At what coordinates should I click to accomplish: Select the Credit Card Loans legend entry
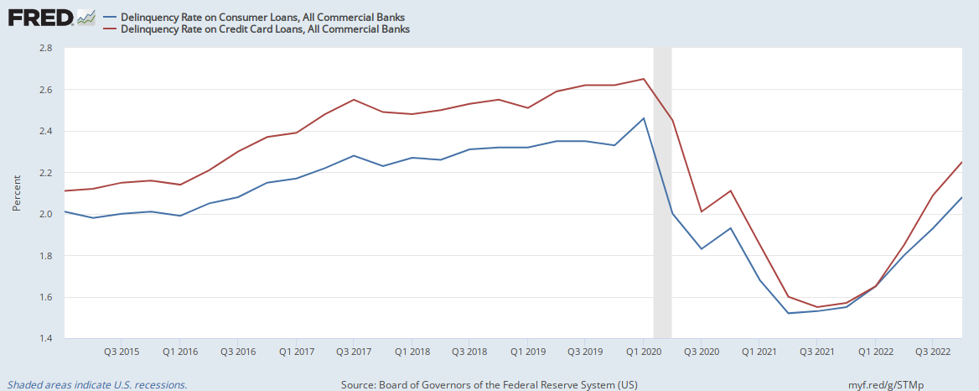tap(265, 29)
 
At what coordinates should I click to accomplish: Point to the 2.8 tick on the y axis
tap(46, 49)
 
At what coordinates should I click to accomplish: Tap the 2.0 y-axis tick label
tap(46, 215)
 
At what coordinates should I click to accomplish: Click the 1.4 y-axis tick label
tap(46, 339)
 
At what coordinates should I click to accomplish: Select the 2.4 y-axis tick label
tap(46, 132)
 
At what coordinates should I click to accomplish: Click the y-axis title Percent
tap(18, 194)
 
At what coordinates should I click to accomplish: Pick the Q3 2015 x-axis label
tap(122, 351)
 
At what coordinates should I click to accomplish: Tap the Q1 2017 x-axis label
tap(296, 351)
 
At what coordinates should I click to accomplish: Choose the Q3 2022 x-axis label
tap(932, 351)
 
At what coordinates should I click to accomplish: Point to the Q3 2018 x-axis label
tap(469, 351)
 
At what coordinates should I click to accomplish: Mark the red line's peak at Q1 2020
tap(643, 79)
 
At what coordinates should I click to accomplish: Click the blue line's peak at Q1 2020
tap(643, 118)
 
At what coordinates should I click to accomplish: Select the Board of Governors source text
tap(489, 384)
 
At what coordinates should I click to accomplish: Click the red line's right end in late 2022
tap(961, 162)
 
